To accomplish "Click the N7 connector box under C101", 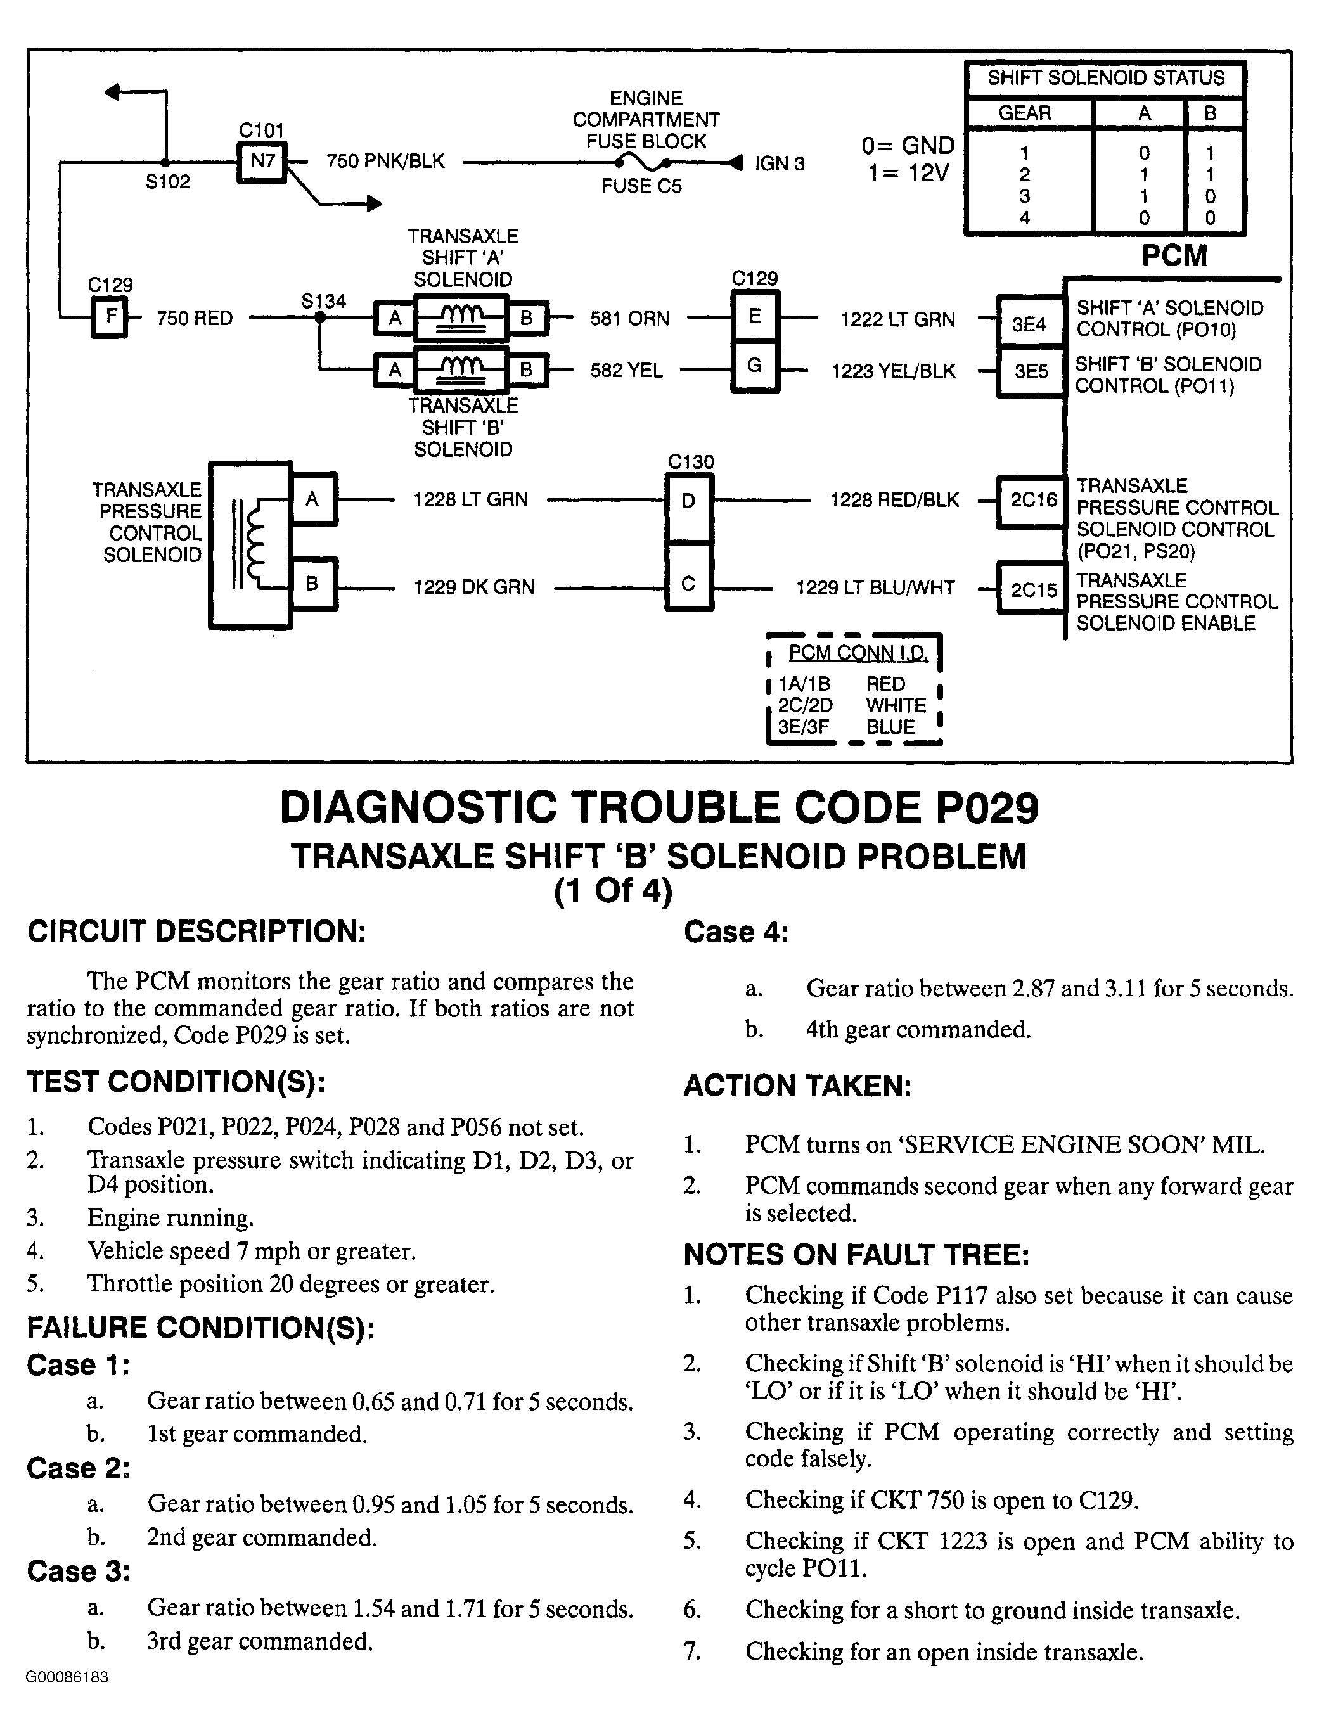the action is point(262,162).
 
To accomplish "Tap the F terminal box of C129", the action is point(110,317).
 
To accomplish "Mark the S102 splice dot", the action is point(165,162).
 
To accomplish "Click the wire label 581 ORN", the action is point(629,318).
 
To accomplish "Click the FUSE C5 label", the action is point(641,186).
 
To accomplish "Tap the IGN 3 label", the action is point(779,164).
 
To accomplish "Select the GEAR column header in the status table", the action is point(1025,113).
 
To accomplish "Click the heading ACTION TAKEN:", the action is point(797,1086).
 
